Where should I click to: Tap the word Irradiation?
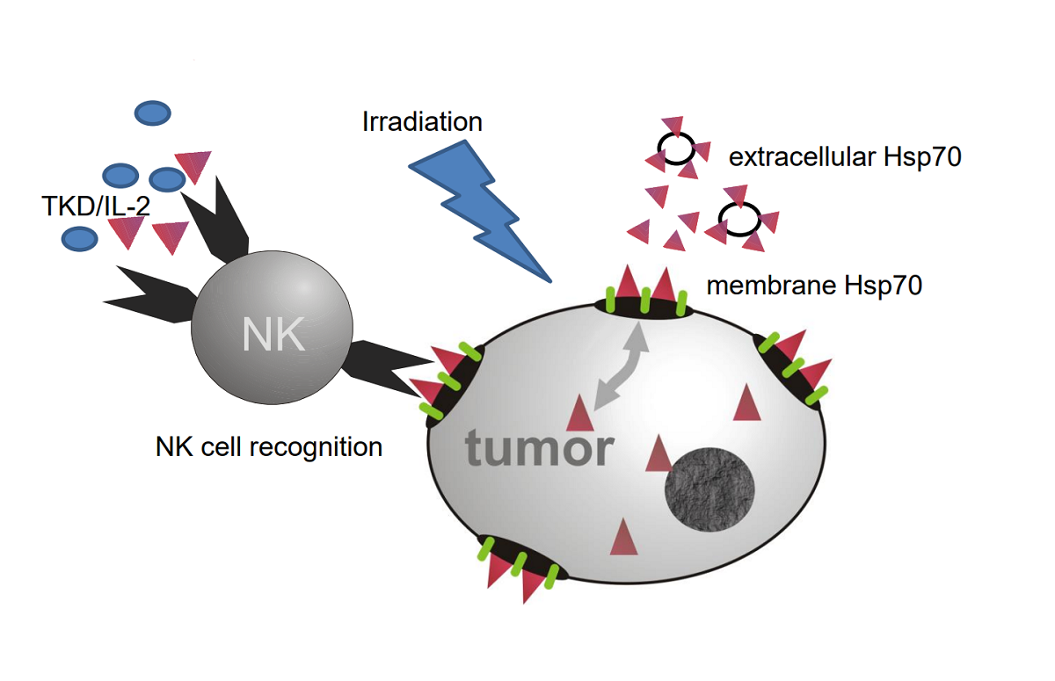(422, 121)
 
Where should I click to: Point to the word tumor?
(539, 447)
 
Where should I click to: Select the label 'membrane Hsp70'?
(814, 285)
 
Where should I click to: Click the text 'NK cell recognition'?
(269, 446)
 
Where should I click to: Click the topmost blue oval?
(152, 113)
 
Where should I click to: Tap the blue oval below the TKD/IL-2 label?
(79, 237)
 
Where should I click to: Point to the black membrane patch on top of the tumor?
(644, 305)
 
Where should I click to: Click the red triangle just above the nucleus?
(658, 455)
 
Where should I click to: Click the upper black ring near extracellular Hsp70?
(678, 149)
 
